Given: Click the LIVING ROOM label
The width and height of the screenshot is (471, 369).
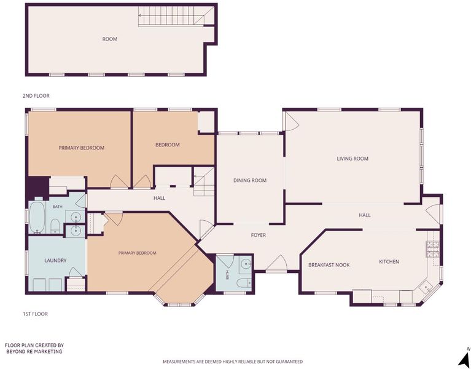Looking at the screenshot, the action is point(352,159).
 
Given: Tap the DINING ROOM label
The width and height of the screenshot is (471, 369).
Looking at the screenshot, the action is point(250,180).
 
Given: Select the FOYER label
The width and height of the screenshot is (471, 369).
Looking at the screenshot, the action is point(259,235).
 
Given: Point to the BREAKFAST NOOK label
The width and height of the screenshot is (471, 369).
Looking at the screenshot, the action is point(329,265).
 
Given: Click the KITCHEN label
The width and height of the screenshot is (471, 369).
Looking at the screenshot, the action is point(389,261).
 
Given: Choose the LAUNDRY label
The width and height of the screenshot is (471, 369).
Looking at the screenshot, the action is point(55,260).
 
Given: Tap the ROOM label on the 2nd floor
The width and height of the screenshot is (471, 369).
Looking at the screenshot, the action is point(110,39).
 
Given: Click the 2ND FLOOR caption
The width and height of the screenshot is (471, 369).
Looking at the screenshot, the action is point(36,96).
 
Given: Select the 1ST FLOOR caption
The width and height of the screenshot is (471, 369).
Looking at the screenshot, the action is point(36,314).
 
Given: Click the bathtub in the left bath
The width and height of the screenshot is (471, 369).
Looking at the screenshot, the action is point(37,217).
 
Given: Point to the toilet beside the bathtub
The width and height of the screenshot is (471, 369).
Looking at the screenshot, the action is point(55,226).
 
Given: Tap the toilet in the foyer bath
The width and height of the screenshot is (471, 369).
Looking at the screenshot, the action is point(244,283).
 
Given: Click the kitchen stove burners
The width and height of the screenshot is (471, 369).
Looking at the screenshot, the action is point(432,249).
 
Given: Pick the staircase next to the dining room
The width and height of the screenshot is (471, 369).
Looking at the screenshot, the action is point(204,181).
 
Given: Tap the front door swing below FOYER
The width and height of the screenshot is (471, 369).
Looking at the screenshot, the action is point(277,263).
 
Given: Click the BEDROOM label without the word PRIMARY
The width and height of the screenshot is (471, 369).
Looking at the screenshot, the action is point(167,145).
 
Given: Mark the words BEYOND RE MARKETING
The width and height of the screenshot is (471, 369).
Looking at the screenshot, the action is point(34,351).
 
